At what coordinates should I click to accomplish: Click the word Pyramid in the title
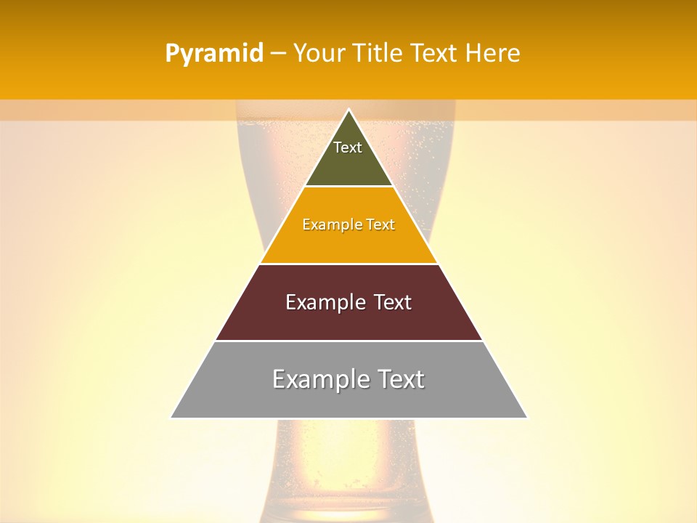coord(214,54)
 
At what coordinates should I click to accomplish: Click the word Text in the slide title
coord(436,54)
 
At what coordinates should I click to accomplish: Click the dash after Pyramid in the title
coord(278,54)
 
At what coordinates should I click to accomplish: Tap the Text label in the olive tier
coord(348,147)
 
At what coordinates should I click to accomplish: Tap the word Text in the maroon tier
coord(392,302)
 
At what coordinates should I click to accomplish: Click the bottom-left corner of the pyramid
coord(171,418)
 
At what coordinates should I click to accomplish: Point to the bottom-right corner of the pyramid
coord(527,418)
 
